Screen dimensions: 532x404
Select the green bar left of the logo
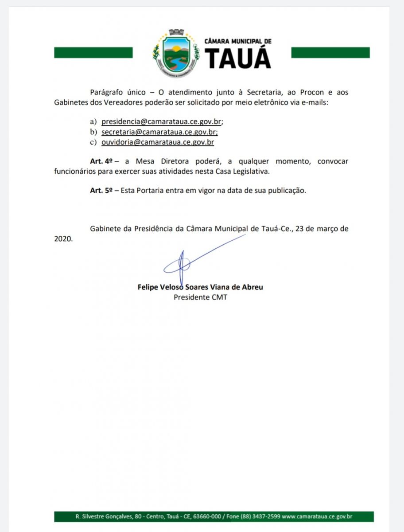click(93, 53)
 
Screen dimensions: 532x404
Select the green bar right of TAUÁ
click(330, 53)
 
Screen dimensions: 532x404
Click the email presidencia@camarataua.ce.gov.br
click(162, 121)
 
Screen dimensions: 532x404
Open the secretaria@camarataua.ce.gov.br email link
click(159, 132)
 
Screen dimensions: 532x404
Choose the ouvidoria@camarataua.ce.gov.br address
click(158, 142)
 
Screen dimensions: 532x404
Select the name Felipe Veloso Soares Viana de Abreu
click(200, 287)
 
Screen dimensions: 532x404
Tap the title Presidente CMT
click(200, 297)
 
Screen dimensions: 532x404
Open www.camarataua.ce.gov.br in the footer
click(317, 516)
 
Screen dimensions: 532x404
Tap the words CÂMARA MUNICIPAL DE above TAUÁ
click(238, 41)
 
